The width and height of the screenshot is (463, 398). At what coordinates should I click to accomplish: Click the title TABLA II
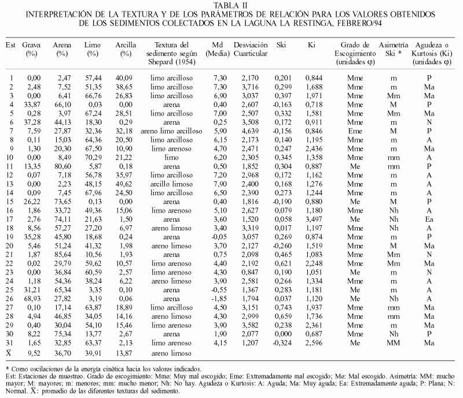pyautogui.click(x=231, y=6)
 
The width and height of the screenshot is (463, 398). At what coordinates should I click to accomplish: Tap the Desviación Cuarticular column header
pyautogui.click(x=250, y=49)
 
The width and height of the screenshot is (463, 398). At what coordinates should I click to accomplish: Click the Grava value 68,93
pyautogui.click(x=32, y=299)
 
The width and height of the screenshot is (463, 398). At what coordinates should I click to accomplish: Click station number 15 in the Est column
pyautogui.click(x=10, y=201)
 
